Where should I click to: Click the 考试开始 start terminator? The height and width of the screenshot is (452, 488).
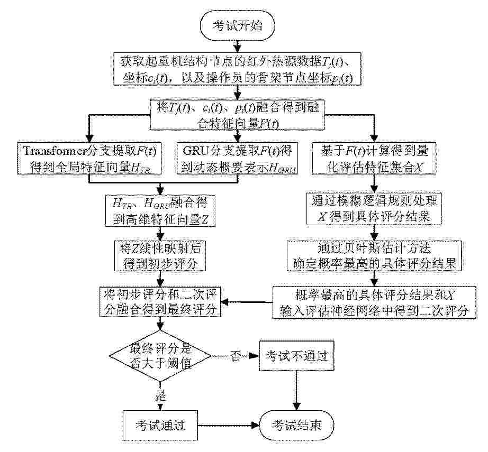tap(238, 26)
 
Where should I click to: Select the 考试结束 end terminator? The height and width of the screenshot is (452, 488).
tap(296, 425)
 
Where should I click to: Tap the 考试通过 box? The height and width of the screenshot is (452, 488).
tap(160, 425)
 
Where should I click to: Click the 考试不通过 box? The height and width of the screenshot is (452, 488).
tap(296, 356)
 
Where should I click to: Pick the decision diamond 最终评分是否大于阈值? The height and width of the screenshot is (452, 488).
tap(160, 356)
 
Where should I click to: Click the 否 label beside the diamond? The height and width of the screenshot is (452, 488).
tap(236, 356)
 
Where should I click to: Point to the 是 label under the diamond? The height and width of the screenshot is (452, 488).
tap(160, 396)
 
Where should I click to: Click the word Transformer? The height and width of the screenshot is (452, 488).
tap(54, 151)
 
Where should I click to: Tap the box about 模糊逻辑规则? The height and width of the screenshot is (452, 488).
tap(374, 209)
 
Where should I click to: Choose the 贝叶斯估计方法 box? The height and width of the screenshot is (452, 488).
tap(374, 255)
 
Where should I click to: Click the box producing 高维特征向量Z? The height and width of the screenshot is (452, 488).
tap(160, 211)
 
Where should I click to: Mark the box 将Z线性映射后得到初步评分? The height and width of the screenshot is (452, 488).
tap(160, 255)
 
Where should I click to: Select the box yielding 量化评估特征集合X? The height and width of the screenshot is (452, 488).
tap(374, 159)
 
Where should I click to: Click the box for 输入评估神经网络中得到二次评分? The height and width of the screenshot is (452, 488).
tap(374, 302)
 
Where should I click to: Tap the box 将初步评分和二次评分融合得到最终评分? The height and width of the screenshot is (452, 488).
tap(160, 301)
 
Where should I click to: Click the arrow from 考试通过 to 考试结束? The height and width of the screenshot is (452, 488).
tap(229, 425)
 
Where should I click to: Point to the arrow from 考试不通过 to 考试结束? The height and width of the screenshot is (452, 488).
tap(296, 391)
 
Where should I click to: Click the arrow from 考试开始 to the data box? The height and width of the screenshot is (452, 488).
tap(238, 47)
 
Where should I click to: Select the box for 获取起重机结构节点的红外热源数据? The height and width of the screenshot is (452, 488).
tap(238, 69)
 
